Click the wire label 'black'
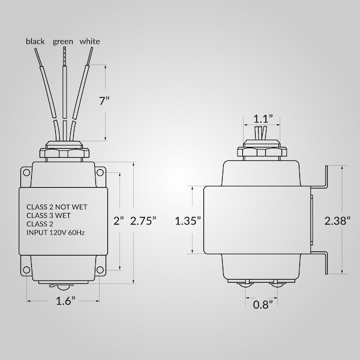(35, 41)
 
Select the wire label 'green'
(63, 42)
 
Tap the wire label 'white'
(90, 41)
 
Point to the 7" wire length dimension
(104, 101)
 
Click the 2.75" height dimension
(143, 221)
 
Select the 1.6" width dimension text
(65, 301)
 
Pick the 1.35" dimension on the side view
(188, 221)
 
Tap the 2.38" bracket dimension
(337, 221)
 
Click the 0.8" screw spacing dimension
(263, 305)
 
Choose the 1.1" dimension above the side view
(263, 119)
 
